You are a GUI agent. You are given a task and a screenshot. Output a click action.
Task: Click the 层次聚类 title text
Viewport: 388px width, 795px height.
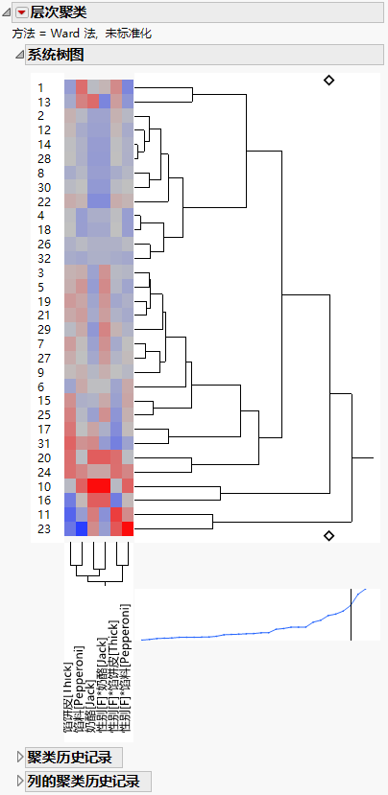58,12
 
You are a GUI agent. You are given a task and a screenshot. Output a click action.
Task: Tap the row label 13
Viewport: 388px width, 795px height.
44,103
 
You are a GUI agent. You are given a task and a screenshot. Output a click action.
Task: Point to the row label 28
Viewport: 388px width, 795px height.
44,158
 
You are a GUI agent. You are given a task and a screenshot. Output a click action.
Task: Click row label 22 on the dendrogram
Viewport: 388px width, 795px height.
44,201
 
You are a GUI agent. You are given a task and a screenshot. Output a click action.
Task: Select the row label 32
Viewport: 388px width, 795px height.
44,258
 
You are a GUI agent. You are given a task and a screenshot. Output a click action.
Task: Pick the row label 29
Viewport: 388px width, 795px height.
44,329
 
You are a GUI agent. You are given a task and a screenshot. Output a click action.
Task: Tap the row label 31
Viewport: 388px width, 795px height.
44,442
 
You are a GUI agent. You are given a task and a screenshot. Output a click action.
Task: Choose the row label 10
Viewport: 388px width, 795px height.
44,485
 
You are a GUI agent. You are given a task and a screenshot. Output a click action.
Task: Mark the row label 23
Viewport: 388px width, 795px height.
44,528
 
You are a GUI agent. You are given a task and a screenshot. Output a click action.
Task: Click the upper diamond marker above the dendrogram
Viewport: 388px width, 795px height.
329,81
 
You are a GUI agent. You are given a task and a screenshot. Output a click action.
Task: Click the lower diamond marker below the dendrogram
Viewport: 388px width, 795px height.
329,535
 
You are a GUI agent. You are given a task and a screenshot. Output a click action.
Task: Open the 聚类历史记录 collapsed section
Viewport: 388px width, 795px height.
69,758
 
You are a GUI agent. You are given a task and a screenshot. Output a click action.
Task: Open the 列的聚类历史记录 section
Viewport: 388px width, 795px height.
83,781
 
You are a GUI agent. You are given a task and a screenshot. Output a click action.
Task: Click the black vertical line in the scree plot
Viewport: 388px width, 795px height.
351,614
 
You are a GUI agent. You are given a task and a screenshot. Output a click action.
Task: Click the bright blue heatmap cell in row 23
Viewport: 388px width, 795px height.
82,528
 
